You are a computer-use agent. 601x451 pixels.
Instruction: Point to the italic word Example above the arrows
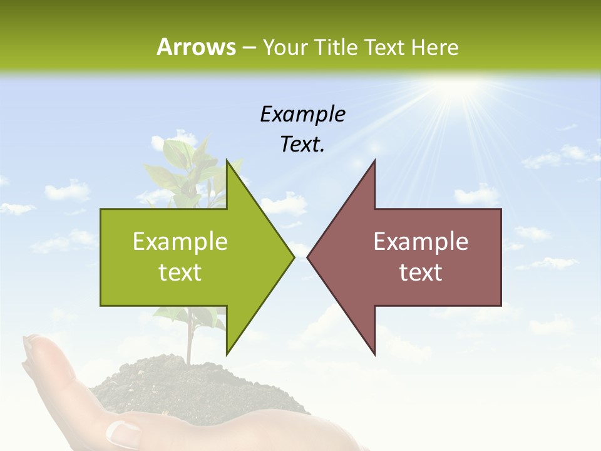tap(302, 115)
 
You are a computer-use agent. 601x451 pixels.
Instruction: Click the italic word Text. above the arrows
tap(302, 145)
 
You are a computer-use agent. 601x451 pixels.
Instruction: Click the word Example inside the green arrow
tap(180, 242)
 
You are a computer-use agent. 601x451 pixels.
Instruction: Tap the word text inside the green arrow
tap(180, 272)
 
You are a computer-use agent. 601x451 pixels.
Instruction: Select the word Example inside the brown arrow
tap(421, 242)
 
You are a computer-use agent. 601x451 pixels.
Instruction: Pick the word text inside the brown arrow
tap(421, 272)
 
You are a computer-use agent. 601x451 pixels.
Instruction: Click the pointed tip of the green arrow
tap(292, 256)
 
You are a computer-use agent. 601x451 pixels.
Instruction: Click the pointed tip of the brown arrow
tap(309, 256)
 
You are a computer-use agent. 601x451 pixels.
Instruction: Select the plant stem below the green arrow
tap(188, 338)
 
